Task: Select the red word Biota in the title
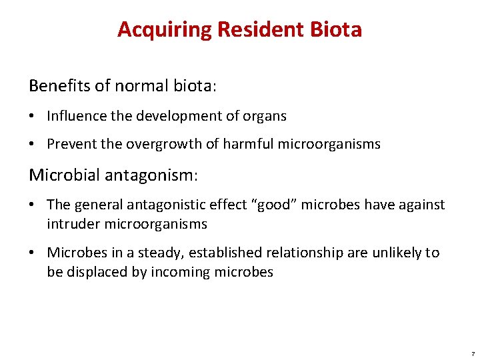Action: tap(336, 30)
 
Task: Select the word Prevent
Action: tap(71, 144)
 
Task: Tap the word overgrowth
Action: tap(165, 144)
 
